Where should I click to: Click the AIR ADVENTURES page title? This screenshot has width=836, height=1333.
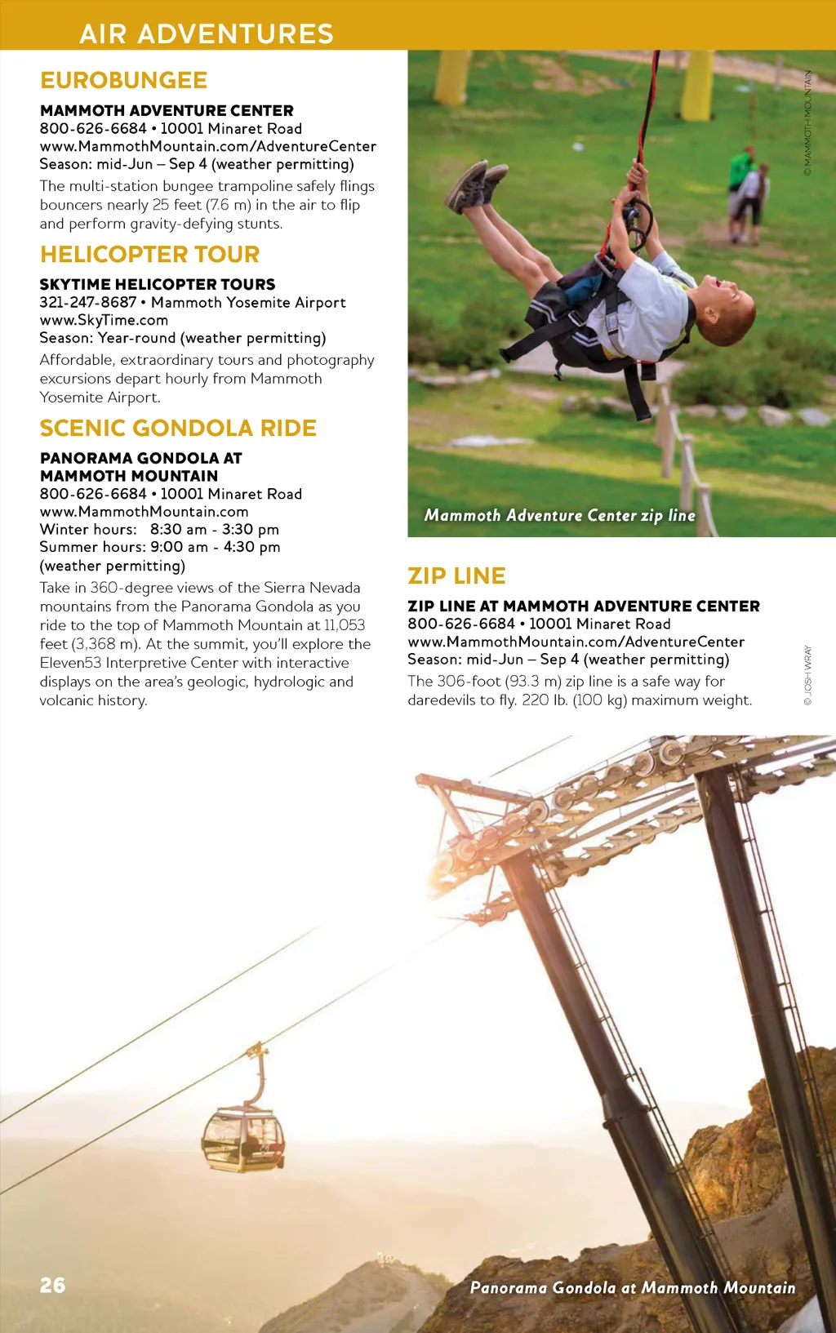(207, 33)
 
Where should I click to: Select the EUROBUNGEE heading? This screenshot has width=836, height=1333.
(123, 80)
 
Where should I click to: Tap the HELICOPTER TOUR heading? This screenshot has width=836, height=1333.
(149, 254)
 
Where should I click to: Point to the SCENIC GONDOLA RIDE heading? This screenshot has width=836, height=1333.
(177, 428)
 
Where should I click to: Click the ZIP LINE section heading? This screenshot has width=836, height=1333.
(456, 575)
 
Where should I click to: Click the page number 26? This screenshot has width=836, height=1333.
(52, 1285)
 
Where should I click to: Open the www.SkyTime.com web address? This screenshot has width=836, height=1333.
(104, 320)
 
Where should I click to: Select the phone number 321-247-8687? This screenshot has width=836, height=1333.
(88, 302)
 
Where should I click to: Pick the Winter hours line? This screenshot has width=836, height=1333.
(159, 529)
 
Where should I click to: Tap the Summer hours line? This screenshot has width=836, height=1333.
(159, 547)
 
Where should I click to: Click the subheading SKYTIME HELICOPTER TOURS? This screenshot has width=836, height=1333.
(158, 284)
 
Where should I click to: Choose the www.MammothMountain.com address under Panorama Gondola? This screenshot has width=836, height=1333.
(144, 512)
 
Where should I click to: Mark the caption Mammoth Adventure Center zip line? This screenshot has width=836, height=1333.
(559, 515)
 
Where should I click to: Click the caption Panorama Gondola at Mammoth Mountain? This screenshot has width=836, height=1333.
(632, 1287)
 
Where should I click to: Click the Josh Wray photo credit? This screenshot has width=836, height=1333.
(807, 675)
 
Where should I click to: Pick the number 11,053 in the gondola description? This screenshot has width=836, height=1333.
(345, 625)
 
